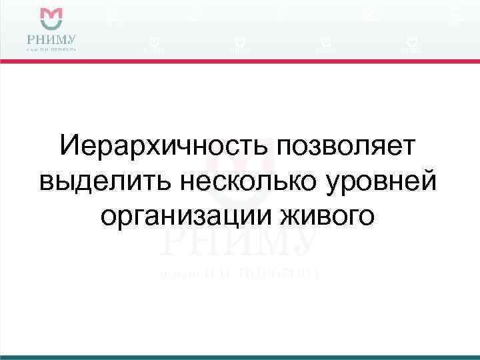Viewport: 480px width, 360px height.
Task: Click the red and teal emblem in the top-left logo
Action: point(51,17)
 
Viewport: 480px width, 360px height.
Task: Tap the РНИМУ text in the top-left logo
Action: point(51,38)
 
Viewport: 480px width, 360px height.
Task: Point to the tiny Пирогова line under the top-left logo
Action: point(51,49)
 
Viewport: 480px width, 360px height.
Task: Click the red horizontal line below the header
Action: point(240,61)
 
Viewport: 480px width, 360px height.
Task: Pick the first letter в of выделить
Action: point(47,181)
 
